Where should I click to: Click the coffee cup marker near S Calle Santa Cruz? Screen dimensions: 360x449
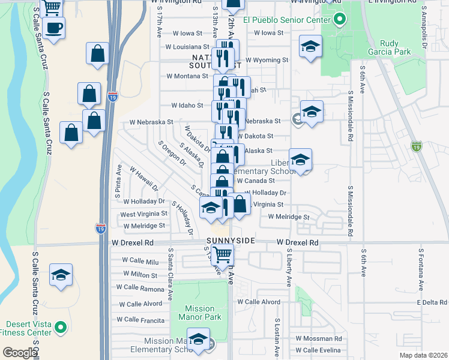[54, 28]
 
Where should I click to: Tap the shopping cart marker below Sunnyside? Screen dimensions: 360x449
[222, 254]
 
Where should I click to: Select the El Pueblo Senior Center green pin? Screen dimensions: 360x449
[339, 20]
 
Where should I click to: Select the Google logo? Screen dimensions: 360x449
[19, 353]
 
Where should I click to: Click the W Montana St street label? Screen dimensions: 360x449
[187, 76]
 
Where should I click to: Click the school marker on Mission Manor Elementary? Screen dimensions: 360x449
[198, 340]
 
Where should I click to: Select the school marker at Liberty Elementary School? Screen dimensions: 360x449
[300, 160]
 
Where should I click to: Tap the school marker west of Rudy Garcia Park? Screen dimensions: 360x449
[310, 46]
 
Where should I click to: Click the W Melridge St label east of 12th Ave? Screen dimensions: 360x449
[288, 217]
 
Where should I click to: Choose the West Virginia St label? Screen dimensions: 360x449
[143, 214]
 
